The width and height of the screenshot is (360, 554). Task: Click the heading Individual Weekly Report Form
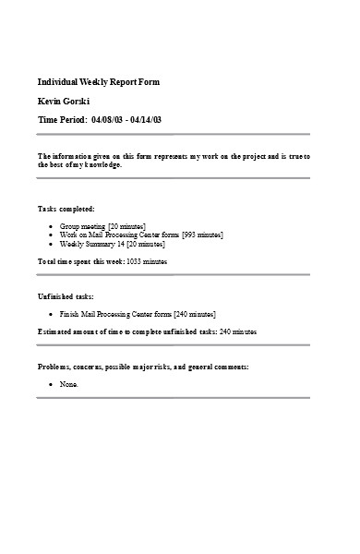tap(98, 82)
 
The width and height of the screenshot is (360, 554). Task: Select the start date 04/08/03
tap(108, 120)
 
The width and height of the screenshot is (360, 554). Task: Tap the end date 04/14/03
tap(154, 120)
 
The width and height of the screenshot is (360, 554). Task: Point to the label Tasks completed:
tap(66, 209)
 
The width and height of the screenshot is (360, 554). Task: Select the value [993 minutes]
tap(202, 235)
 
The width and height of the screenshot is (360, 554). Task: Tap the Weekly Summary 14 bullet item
tap(112, 244)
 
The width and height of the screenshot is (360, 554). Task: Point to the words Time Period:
tap(63, 120)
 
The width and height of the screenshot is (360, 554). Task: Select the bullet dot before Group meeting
tap(50, 225)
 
